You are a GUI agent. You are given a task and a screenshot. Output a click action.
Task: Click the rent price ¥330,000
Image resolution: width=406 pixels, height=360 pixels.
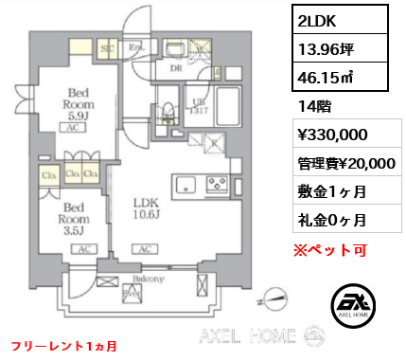click(x=327, y=135)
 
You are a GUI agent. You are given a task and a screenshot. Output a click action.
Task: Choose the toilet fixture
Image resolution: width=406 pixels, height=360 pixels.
click(x=168, y=112)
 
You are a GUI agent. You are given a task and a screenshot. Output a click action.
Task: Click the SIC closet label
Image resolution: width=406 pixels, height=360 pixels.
click(x=108, y=45)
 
